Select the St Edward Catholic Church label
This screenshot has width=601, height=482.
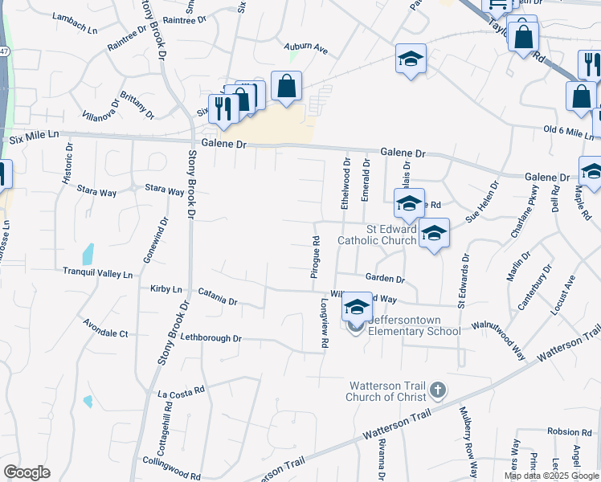[391, 234]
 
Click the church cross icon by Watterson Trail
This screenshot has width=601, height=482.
[438, 390]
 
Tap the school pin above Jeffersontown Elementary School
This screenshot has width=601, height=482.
[357, 307]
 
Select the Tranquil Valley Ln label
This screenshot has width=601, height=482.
[97, 274]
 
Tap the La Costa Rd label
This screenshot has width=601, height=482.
[182, 394]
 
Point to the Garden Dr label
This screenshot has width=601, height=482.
[385, 279]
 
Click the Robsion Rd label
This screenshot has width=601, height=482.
[569, 432]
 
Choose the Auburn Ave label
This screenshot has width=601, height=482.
[306, 48]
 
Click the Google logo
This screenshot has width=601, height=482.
[27, 472]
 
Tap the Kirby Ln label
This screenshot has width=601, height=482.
[166, 288]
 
